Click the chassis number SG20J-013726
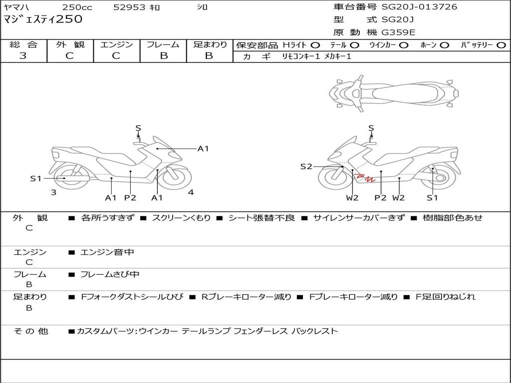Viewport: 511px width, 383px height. (419, 7)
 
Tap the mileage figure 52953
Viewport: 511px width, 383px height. (129, 7)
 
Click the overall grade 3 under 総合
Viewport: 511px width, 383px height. (23, 56)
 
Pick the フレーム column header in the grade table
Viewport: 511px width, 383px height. (163, 44)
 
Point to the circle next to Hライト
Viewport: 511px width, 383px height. (315, 45)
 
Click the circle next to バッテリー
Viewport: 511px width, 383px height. (501, 45)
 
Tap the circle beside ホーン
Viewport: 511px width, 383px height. (445, 45)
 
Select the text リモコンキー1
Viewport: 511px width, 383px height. (301, 56)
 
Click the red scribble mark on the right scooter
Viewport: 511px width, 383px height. (365, 178)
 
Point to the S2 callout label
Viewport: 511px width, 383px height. (306, 167)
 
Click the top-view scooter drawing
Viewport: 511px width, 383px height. (394, 93)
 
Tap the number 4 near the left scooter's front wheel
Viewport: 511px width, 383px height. (191, 192)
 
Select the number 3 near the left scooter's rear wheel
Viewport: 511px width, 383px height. (53, 192)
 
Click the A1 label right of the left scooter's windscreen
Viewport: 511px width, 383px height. (203, 149)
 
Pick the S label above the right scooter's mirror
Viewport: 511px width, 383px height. (371, 128)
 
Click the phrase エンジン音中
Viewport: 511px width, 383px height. (107, 252)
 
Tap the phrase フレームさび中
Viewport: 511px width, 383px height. (110, 275)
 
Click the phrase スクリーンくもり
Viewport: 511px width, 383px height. (182, 218)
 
